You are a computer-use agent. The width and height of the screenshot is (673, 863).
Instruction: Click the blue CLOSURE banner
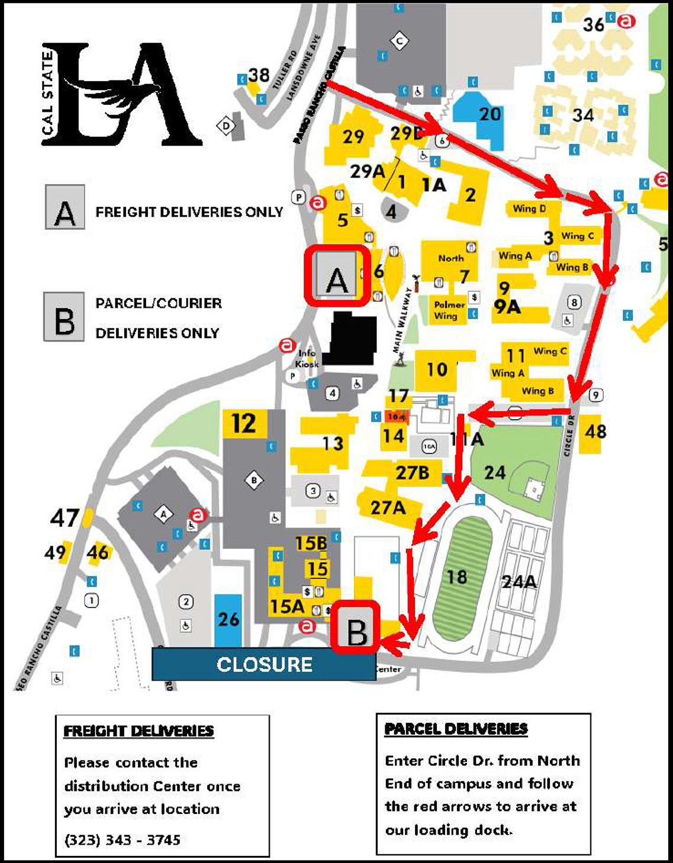point(264,664)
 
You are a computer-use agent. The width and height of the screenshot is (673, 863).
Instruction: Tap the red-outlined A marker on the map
point(337,276)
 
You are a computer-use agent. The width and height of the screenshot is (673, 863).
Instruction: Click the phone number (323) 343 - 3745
point(123,839)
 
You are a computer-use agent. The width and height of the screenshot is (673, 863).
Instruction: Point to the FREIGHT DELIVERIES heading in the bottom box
point(139,731)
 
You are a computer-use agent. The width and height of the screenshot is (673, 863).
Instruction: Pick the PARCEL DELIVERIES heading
point(456,729)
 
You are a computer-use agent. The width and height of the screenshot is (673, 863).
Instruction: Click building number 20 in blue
point(490,114)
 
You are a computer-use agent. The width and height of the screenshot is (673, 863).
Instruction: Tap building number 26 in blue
point(228,619)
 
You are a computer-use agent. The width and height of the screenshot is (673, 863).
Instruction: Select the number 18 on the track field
point(456,577)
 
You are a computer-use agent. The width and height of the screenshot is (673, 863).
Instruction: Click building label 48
point(595,431)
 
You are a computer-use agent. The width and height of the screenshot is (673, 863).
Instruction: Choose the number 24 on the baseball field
point(494,472)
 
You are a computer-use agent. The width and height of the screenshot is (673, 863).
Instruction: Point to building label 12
point(243,424)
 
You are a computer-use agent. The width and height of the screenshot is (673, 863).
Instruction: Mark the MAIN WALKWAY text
point(403,320)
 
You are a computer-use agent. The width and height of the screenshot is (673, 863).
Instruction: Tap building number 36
point(593,24)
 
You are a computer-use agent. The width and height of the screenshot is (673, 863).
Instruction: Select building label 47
point(65,519)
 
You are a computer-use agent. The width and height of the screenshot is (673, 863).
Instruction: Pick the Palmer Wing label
point(449,310)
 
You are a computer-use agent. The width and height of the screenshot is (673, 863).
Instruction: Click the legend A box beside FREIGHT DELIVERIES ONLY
point(65,207)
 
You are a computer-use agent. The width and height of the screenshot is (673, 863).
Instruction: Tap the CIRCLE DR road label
point(569,435)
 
